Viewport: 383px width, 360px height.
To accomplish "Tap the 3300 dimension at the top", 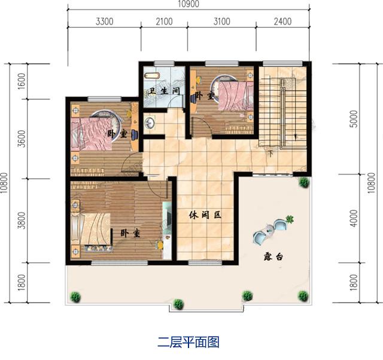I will [x=104, y=22].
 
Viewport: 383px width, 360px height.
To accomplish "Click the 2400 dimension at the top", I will [x=281, y=22].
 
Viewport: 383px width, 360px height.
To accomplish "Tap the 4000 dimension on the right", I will [x=354, y=220].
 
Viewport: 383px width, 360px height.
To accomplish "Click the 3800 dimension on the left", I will [x=22, y=221].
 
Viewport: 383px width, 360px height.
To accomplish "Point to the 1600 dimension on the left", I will [x=22, y=81].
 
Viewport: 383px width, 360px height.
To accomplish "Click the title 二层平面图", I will [x=189, y=343].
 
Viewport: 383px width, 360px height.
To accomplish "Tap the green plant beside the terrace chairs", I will [x=290, y=219].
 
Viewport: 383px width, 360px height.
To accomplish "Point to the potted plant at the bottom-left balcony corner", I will [x=76, y=295].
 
